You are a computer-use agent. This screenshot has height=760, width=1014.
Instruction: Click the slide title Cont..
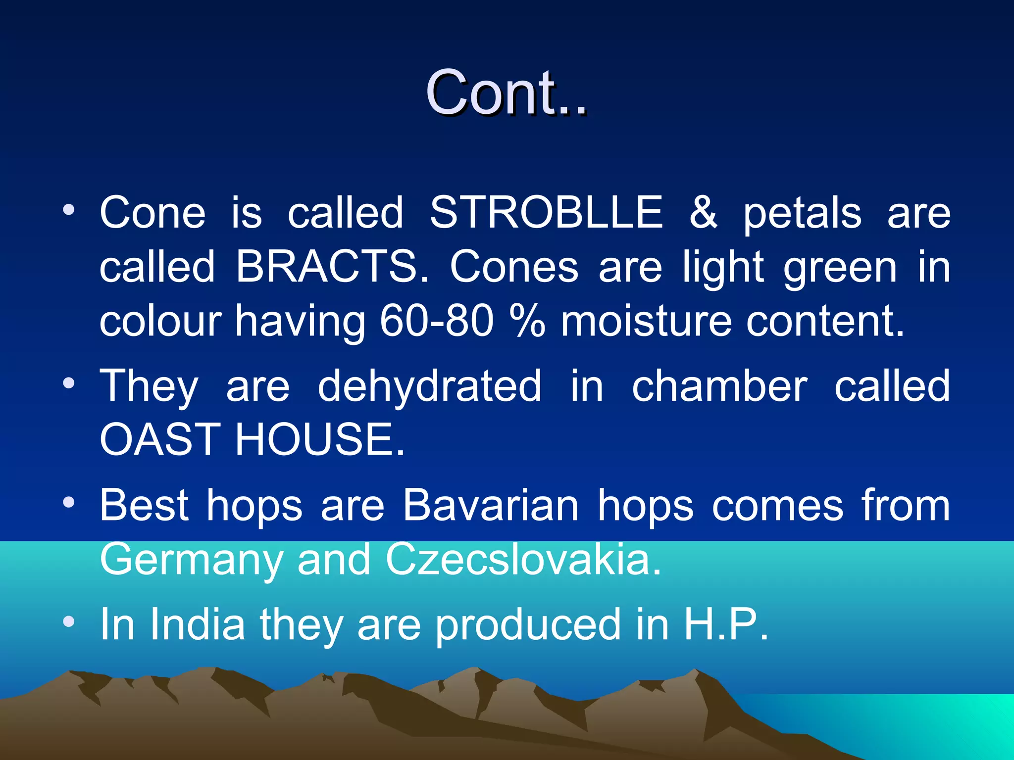[x=506, y=93]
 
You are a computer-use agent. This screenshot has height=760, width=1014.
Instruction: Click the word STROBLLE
[x=546, y=213]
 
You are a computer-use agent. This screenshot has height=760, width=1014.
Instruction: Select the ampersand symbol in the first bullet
[x=703, y=213]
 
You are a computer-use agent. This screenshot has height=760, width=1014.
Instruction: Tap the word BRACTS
[x=332, y=267]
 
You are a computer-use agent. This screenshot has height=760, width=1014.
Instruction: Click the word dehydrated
[x=429, y=386]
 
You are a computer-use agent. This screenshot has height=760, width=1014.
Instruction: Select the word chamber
[x=719, y=386]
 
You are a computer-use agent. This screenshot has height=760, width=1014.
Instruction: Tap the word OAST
[x=159, y=439]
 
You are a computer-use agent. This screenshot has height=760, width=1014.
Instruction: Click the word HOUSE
[x=320, y=439]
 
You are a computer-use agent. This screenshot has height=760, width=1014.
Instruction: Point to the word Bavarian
[x=491, y=506]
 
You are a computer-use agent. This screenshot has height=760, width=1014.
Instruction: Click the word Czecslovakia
[x=523, y=559]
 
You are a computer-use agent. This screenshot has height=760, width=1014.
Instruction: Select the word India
[x=197, y=624]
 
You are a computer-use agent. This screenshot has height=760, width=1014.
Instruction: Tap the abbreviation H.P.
[x=726, y=624]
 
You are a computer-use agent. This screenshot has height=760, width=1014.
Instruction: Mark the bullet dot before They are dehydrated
[x=69, y=383]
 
